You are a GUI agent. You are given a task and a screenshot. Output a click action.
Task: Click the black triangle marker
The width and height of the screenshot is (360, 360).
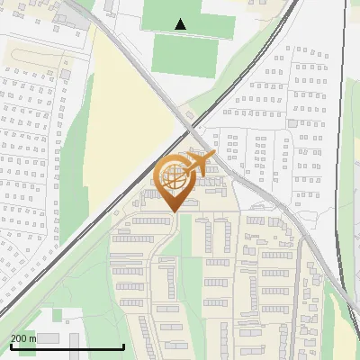coord(181,24)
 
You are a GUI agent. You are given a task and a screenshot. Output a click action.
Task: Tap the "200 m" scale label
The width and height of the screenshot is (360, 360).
coord(23,338)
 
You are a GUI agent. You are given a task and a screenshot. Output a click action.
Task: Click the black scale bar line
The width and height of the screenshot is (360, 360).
coord(67,347)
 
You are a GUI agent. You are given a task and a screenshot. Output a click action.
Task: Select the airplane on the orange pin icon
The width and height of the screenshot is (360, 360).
coord(198,164)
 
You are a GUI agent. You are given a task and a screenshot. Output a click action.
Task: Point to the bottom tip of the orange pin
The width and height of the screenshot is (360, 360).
coord(171,211)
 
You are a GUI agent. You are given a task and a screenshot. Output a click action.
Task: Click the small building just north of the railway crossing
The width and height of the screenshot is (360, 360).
coord(190,112)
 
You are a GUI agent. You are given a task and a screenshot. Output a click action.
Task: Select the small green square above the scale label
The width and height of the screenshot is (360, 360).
coord(57,315)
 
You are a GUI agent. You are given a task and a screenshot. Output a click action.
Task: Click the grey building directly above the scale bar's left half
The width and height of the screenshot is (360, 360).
coord(47,338)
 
